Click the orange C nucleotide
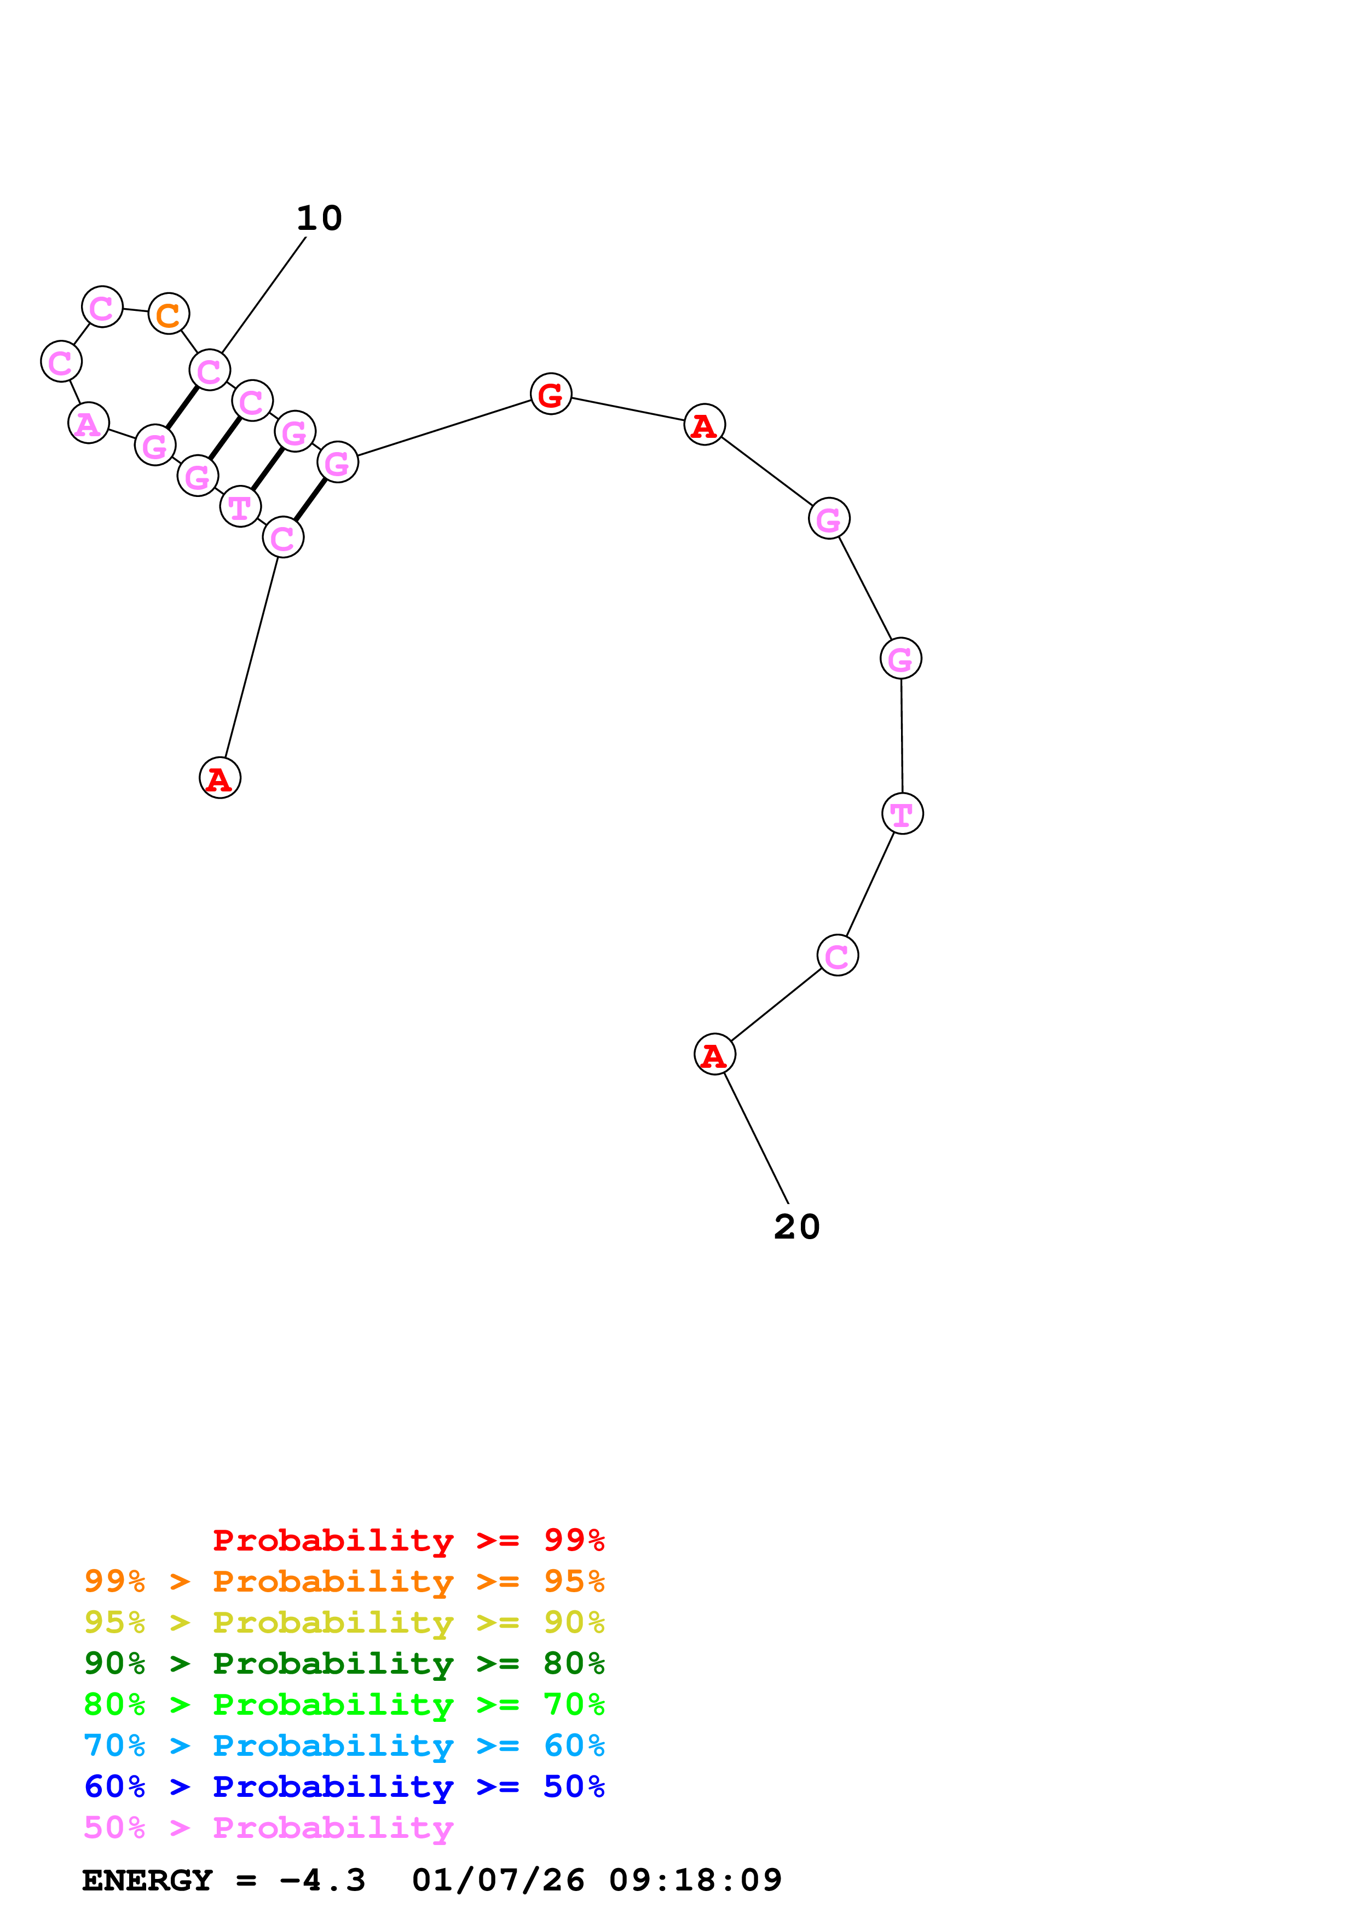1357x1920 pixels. pos(168,314)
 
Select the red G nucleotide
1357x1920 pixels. pos(550,394)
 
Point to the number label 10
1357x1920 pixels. pos(319,219)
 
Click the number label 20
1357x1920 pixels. pos(796,1227)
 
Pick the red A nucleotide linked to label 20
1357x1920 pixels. pos(714,1055)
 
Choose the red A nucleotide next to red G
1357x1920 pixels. pos(704,425)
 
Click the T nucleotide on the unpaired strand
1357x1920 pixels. pos(902,813)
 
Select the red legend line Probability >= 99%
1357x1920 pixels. pos(408,1540)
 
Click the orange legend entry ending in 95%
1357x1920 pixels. pos(344,1581)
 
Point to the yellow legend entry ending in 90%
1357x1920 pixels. pos(344,1622)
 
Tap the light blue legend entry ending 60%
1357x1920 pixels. pos(344,1745)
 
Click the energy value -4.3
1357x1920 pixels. pos(322,1880)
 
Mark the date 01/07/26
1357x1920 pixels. pos(498,1880)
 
